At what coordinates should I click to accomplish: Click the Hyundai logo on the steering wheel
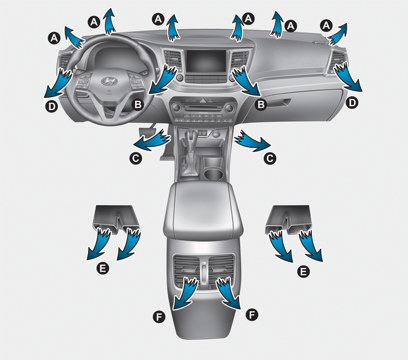[110, 81]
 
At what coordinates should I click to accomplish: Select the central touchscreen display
[206, 62]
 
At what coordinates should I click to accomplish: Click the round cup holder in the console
[213, 174]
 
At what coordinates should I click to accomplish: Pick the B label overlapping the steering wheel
[138, 105]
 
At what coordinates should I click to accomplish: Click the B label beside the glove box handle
[261, 105]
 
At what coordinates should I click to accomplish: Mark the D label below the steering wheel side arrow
[52, 106]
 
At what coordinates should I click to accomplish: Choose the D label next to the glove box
[352, 103]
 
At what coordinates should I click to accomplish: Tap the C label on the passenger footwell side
[270, 158]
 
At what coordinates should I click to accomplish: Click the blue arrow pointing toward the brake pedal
[152, 140]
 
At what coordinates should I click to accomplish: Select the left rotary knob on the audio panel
[176, 107]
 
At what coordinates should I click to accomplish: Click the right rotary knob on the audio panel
[230, 108]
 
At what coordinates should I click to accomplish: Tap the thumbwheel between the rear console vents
[204, 273]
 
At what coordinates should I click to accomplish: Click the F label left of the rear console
[159, 317]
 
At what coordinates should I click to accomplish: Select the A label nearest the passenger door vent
[326, 26]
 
